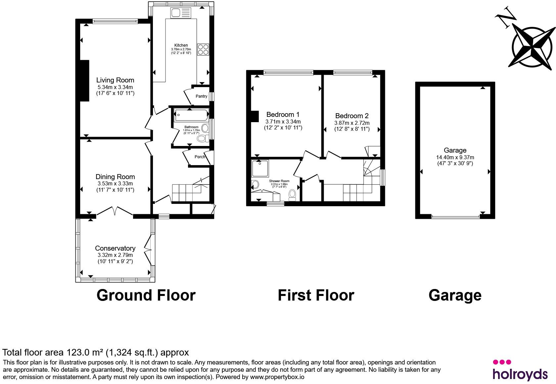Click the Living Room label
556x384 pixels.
115,80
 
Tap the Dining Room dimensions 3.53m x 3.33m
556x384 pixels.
115,184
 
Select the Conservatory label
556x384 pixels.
115,248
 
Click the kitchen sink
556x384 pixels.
181,13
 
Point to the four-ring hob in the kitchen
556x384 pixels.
203,49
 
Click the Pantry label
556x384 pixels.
201,96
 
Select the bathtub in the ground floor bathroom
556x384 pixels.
191,116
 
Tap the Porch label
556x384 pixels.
200,157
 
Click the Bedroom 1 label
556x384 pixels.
283,115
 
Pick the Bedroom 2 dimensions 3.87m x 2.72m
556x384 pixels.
352,123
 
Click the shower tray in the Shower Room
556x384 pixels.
260,168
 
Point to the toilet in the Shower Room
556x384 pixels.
293,195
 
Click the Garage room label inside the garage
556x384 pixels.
455,150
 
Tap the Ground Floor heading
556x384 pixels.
146,295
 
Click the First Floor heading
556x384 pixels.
316,295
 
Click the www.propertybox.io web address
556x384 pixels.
277,377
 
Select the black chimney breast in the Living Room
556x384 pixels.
84,81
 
